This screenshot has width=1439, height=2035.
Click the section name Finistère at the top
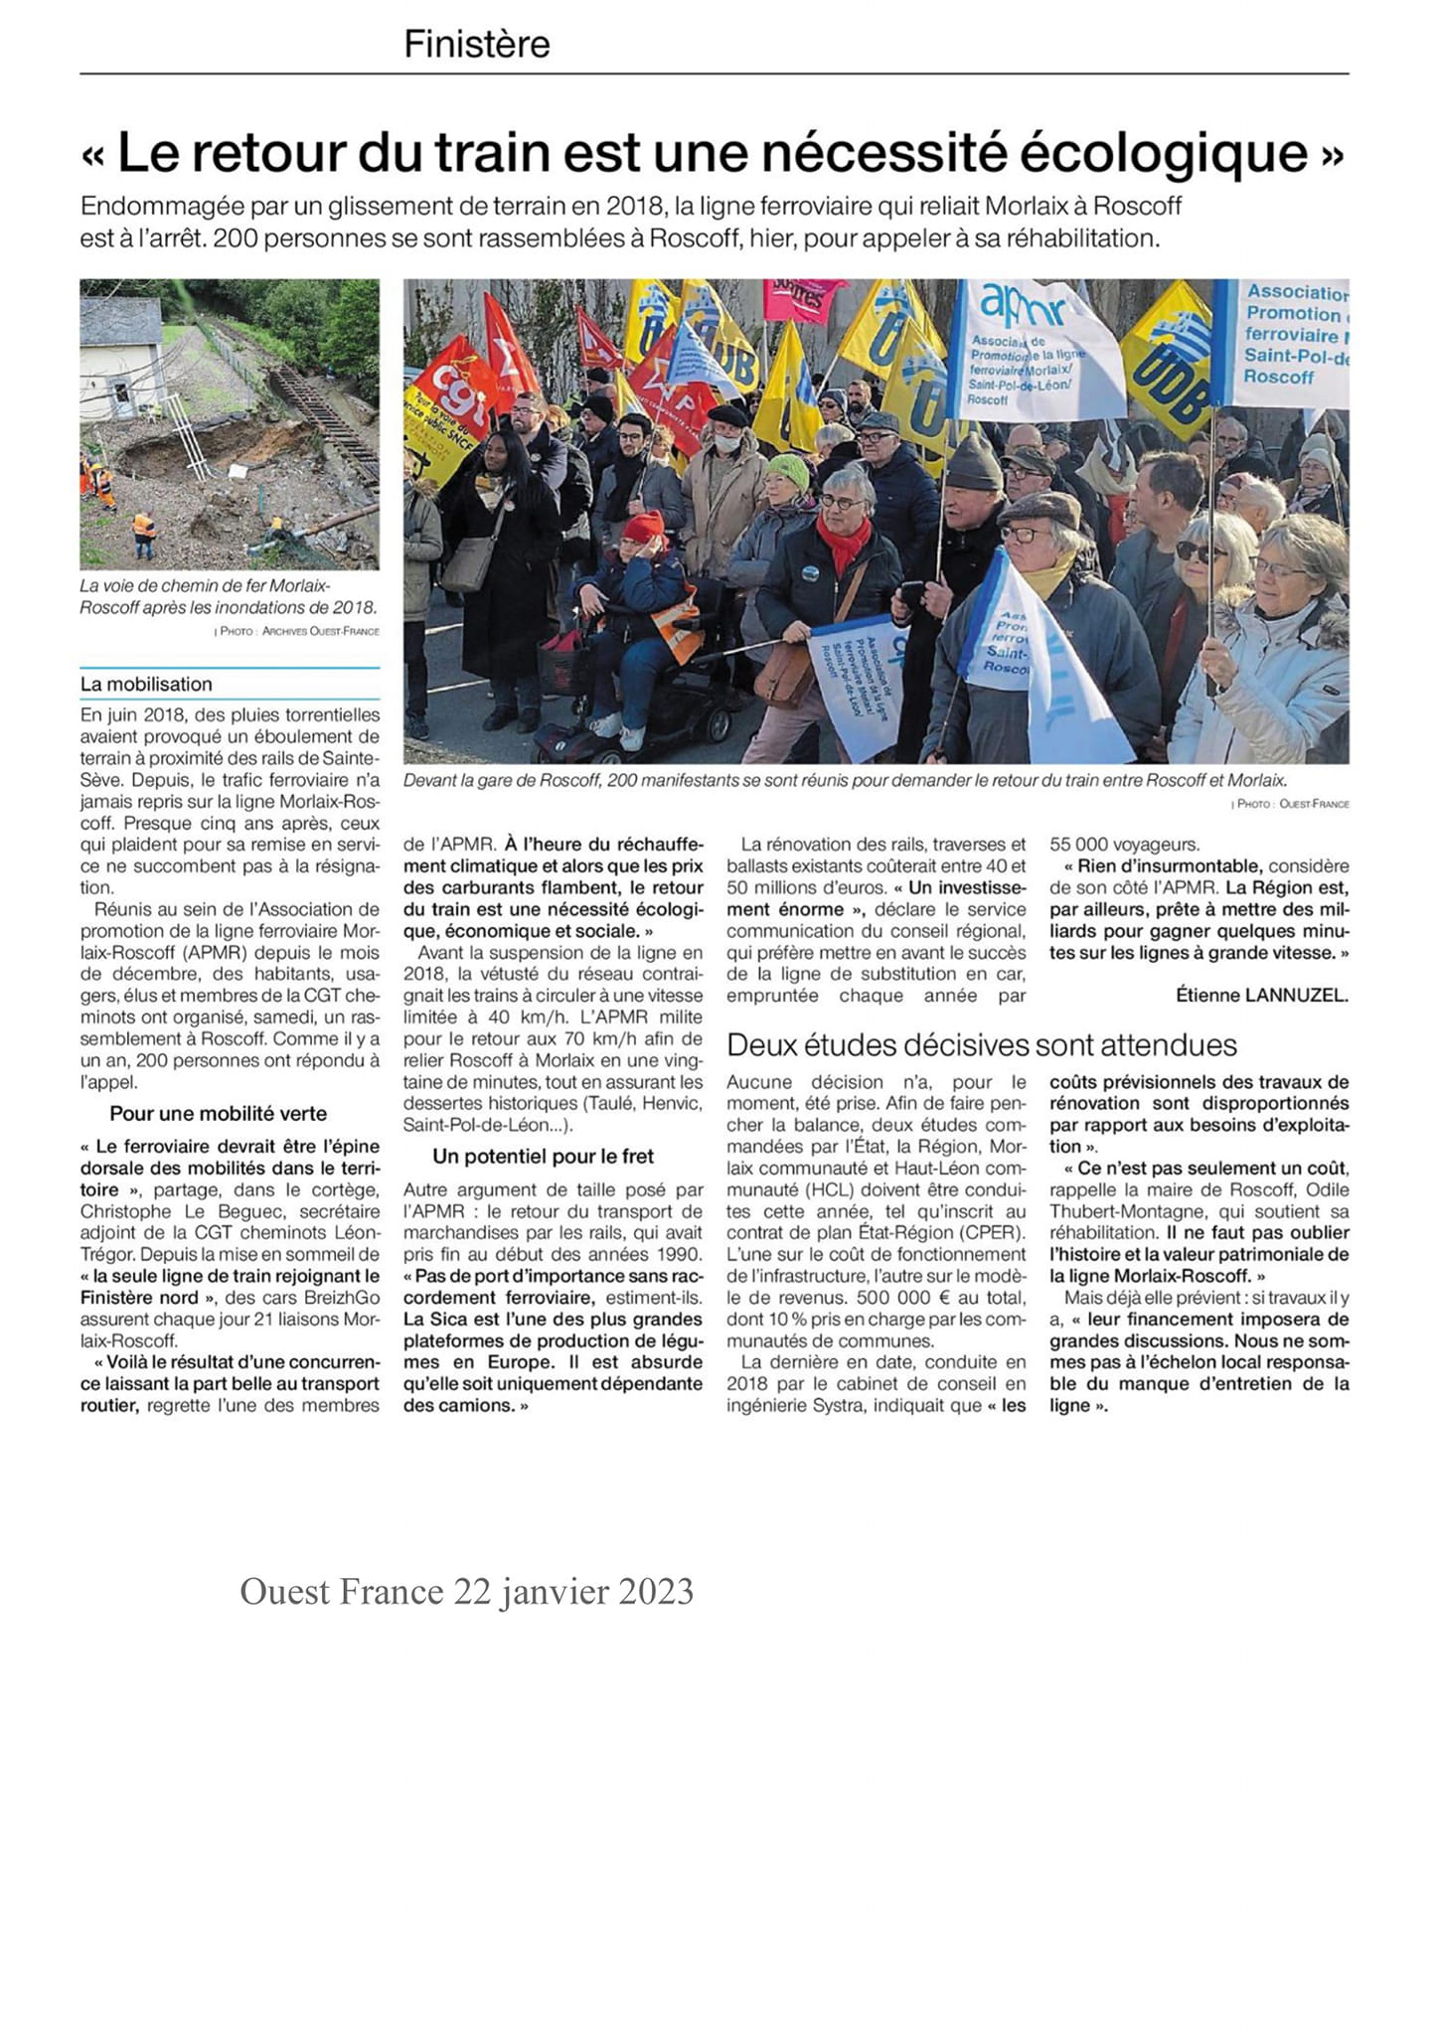point(476,45)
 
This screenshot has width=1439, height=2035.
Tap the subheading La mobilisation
point(146,684)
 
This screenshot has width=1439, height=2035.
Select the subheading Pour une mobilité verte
point(218,1113)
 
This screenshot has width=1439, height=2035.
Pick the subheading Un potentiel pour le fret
point(543,1156)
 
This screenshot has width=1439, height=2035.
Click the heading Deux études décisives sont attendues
point(981,1044)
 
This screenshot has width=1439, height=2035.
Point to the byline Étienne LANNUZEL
point(1261,995)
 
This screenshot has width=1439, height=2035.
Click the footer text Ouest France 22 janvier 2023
point(466,1591)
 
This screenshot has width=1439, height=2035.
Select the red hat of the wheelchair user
point(643,527)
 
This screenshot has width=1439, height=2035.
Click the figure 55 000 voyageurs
point(1124,845)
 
